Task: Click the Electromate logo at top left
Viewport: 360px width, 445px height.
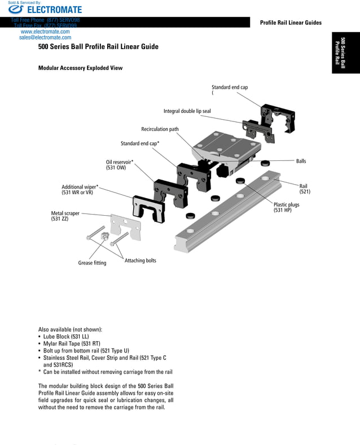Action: pyautogui.click(x=45, y=10)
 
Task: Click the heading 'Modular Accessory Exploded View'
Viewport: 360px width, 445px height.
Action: pyautogui.click(x=80, y=68)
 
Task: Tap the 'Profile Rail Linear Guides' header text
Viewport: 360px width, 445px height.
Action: pyautogui.click(x=291, y=23)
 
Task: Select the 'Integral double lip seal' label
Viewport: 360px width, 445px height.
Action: pyautogui.click(x=187, y=111)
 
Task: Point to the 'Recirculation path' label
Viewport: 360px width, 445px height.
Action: pyautogui.click(x=160, y=129)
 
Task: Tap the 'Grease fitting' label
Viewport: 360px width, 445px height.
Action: pyautogui.click(x=92, y=263)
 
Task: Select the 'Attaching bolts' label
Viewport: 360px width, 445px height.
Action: pyautogui.click(x=140, y=261)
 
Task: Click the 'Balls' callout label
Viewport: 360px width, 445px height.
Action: pyautogui.click(x=301, y=162)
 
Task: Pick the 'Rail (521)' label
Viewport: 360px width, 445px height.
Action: pyautogui.click(x=304, y=189)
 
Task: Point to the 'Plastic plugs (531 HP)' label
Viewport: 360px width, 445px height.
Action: pyautogui.click(x=286, y=208)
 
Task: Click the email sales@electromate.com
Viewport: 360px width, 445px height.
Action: pyautogui.click(x=45, y=38)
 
